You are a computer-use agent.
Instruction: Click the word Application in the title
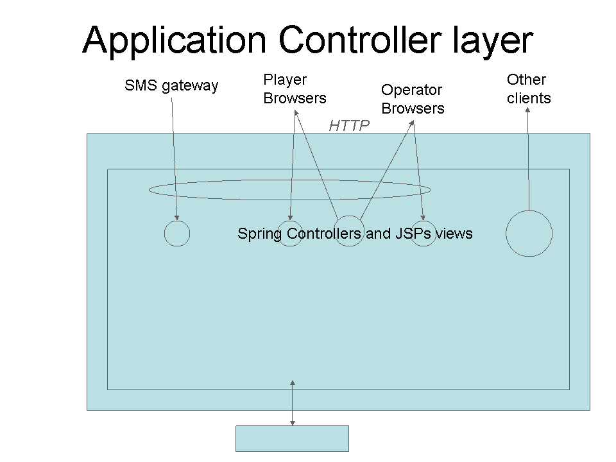click(173, 40)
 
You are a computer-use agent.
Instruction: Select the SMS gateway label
click(171, 85)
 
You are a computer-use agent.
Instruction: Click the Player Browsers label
click(295, 89)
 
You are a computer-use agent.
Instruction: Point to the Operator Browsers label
click(413, 99)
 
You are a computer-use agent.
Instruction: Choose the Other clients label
click(529, 89)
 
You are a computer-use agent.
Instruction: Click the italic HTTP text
click(349, 126)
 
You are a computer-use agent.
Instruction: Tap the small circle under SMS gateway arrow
click(177, 234)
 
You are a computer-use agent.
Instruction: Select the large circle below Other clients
click(529, 234)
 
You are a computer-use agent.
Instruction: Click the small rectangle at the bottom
click(292, 438)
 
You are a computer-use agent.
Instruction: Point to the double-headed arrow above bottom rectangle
click(293, 403)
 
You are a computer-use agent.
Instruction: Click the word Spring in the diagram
click(260, 234)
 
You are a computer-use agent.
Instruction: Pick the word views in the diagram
click(454, 234)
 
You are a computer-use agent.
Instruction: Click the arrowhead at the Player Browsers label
click(295, 112)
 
